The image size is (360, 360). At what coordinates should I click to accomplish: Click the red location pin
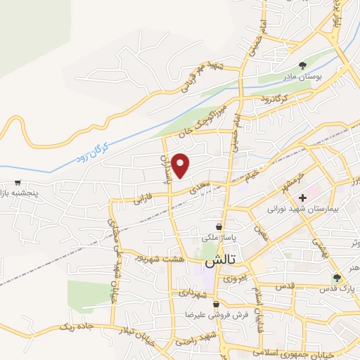pyautogui.click(x=181, y=165)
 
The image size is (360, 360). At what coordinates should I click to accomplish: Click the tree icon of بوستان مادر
pyautogui.click(x=303, y=64)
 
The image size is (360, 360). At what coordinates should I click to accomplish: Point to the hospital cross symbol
pyautogui.click(x=303, y=198)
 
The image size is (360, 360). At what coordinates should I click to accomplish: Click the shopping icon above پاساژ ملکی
pyautogui.click(x=220, y=227)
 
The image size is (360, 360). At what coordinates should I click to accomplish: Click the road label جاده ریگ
pyautogui.click(x=76, y=327)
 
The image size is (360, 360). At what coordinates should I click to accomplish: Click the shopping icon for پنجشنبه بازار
pyautogui.click(x=17, y=183)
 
